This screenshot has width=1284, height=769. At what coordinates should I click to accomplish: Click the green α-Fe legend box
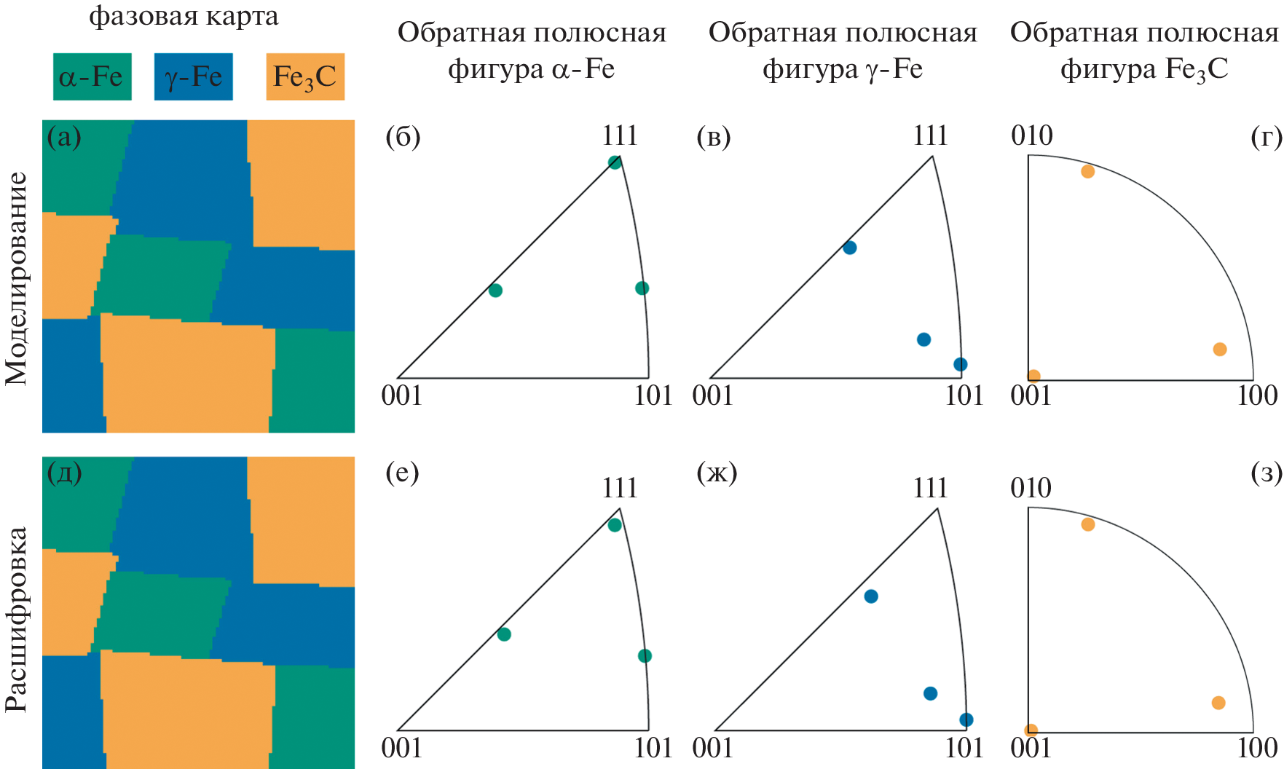click(x=92, y=76)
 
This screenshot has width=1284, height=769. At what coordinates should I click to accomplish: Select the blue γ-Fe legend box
click(x=193, y=76)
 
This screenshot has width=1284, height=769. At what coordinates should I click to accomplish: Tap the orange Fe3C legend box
click(x=304, y=76)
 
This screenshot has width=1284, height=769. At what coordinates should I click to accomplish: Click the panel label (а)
click(x=64, y=136)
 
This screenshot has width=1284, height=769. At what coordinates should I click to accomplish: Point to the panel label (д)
click(x=64, y=473)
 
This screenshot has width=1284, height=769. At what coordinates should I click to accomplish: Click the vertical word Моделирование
click(x=16, y=278)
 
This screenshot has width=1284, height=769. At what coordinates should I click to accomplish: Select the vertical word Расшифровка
click(x=16, y=619)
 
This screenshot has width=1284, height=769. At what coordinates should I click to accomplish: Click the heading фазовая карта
click(x=184, y=16)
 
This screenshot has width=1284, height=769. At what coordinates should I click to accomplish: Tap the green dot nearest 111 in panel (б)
click(x=615, y=162)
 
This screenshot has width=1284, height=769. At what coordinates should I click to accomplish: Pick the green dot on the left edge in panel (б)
click(x=495, y=291)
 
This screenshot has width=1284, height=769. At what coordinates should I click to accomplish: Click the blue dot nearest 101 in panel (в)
click(x=960, y=364)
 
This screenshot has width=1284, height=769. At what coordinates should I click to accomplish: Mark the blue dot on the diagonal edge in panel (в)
click(x=849, y=248)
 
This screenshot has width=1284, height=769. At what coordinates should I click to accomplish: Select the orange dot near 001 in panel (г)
click(x=1033, y=376)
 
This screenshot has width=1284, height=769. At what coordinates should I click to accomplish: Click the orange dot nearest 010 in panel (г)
click(x=1087, y=171)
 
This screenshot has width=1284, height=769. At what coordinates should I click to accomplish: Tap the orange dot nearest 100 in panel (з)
click(x=1218, y=703)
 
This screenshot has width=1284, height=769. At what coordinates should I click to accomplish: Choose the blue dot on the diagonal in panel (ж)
click(x=870, y=596)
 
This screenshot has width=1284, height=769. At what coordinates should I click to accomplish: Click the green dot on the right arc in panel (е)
click(x=644, y=656)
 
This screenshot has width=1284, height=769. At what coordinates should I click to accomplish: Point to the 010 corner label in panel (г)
click(x=1031, y=135)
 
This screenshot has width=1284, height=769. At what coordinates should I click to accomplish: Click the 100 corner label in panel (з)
click(x=1257, y=748)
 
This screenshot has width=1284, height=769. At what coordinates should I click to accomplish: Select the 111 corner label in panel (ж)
click(x=930, y=488)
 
